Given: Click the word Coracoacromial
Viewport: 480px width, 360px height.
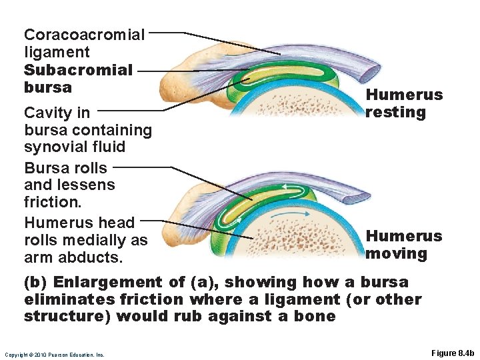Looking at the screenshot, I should (x=84, y=34).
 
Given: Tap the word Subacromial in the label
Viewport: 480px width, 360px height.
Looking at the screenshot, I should (x=78, y=69).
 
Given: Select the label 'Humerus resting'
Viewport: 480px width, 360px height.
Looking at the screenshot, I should (x=404, y=103).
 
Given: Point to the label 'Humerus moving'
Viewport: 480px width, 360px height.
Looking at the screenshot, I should (x=404, y=245).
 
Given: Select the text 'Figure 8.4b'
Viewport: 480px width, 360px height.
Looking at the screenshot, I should (x=451, y=353).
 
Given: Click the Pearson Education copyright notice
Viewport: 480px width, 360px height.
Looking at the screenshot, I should (x=55, y=355).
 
